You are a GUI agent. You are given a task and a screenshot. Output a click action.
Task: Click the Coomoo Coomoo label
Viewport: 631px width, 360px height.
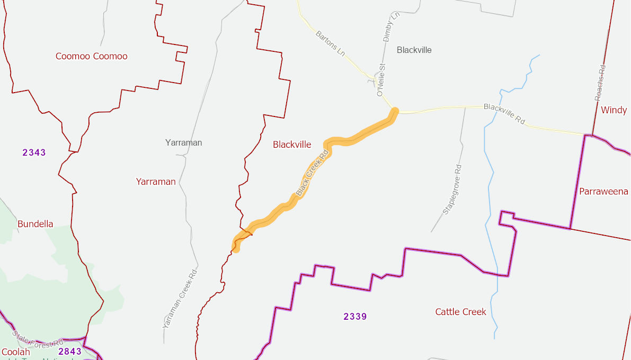point(92,56)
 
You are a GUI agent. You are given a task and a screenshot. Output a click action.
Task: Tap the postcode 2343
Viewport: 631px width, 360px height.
point(34,152)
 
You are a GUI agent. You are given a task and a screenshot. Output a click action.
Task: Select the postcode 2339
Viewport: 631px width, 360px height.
point(355,317)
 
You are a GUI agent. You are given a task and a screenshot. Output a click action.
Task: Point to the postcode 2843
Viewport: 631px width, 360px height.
point(70,351)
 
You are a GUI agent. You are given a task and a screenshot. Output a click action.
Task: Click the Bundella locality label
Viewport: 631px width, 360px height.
point(35,224)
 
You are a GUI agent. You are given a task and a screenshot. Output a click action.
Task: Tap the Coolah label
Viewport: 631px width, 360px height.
point(16,352)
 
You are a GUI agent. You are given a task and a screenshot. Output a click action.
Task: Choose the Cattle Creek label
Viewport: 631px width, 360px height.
point(460,312)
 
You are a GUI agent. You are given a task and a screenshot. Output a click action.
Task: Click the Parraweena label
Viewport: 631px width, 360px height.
point(603,192)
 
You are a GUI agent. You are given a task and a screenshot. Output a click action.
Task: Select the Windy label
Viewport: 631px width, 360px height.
point(614,110)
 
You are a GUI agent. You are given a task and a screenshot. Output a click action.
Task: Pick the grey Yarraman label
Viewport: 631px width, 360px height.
point(183,142)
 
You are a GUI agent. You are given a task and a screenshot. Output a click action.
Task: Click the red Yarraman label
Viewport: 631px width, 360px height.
point(156,182)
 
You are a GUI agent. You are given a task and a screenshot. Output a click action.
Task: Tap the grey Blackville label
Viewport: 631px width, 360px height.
point(414,50)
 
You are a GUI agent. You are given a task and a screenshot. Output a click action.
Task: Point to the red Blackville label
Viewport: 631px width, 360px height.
point(292,145)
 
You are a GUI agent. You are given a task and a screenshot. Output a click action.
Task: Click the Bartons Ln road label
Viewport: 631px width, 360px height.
point(330,43)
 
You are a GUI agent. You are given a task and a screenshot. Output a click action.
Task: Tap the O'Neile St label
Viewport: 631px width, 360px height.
point(381,80)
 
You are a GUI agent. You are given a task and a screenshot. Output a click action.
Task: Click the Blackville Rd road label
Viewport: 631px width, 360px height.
point(504,114)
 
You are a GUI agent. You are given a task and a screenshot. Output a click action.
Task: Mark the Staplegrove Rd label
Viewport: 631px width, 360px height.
point(452,190)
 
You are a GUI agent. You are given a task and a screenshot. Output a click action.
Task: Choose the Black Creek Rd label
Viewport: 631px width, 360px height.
point(313,173)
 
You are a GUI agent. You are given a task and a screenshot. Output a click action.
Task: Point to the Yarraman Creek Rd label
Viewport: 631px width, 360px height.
point(180,299)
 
